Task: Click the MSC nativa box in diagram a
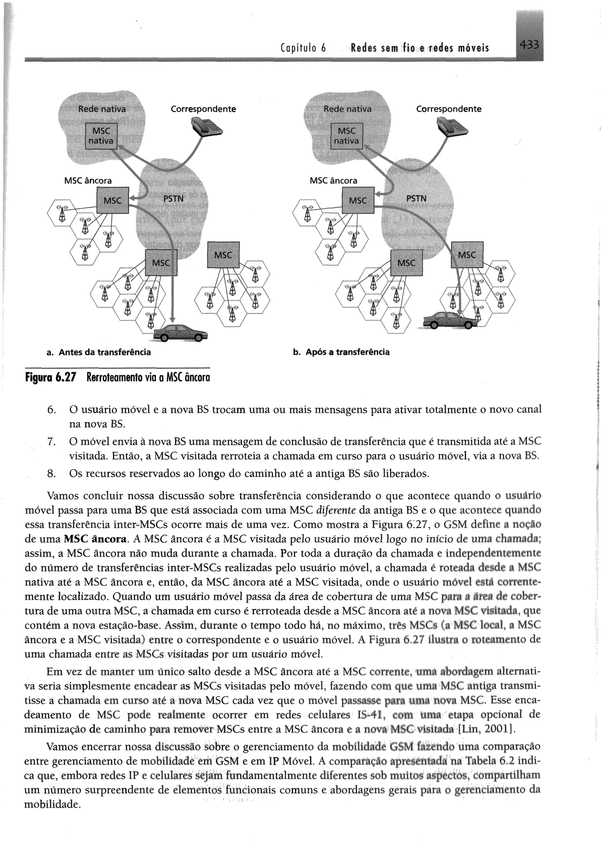pos(101,136)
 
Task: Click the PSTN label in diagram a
pos(173,199)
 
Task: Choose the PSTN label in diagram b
pos(416,199)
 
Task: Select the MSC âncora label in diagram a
pos(88,181)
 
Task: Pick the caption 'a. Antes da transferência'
pos(99,352)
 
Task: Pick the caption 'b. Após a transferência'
pos(341,352)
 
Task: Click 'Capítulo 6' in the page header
pos(303,48)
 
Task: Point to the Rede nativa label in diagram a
pos(102,109)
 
